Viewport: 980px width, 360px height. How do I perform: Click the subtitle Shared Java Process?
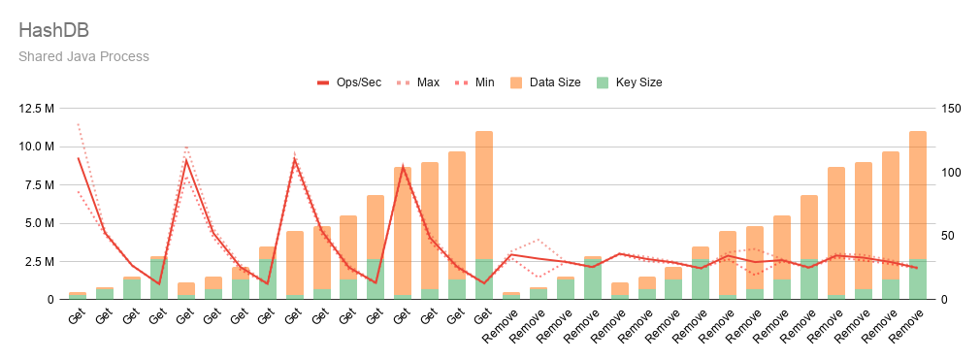[x=83, y=56]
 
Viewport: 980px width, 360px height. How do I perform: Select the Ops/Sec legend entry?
[x=348, y=82]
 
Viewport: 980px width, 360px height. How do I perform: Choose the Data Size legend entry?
[x=545, y=82]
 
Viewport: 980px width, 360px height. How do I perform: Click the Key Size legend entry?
[x=628, y=82]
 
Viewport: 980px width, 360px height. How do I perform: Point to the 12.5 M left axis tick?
[x=37, y=109]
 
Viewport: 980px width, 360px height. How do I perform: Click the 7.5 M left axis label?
[x=40, y=185]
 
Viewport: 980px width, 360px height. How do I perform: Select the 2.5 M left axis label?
[x=40, y=261]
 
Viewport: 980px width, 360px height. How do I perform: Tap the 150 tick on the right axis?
[x=951, y=109]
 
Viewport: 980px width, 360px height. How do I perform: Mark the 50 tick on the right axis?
[x=948, y=236]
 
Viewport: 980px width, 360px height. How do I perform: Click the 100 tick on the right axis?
[x=951, y=173]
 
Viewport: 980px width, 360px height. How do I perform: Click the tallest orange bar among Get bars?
[x=484, y=195]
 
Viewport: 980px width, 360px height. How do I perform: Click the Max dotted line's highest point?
[x=79, y=124]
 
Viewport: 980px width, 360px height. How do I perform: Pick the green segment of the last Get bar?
[x=484, y=279]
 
